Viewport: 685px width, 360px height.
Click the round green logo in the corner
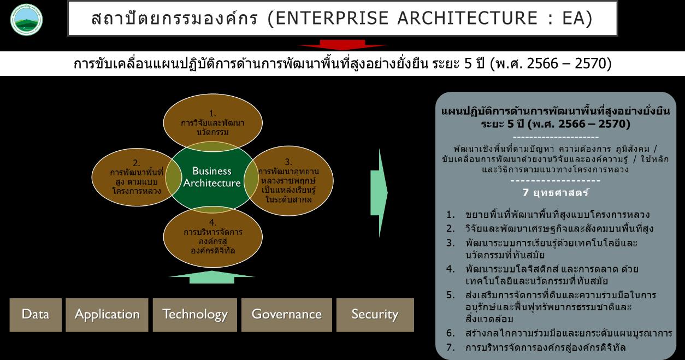click(x=27, y=20)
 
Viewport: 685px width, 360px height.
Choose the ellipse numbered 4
click(x=212, y=240)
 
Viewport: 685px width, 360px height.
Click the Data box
click(x=36, y=315)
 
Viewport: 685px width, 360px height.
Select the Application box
click(x=107, y=315)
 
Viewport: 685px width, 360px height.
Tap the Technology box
click(x=195, y=315)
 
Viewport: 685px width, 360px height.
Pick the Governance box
click(x=286, y=315)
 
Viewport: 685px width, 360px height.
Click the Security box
click(x=375, y=315)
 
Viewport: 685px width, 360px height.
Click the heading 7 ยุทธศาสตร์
click(x=556, y=193)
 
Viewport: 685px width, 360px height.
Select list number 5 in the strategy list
click(x=450, y=295)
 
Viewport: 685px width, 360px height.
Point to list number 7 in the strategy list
click(x=450, y=347)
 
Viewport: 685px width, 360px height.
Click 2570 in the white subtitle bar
click(x=591, y=64)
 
